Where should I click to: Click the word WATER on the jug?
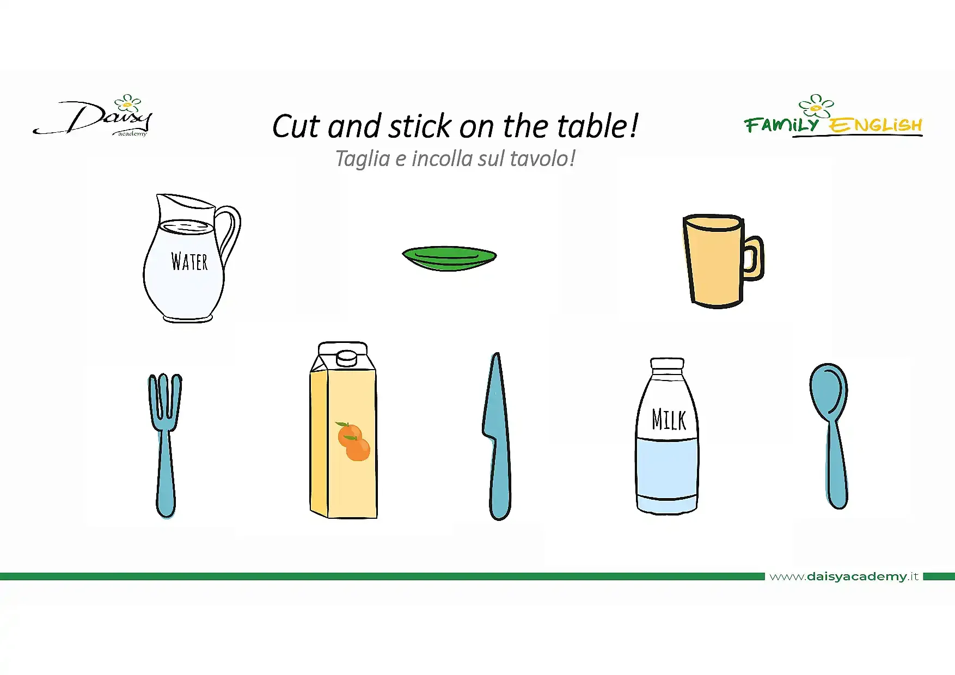[189, 261]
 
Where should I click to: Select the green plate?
[449, 258]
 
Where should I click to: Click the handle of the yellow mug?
[754, 258]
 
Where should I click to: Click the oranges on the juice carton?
[353, 441]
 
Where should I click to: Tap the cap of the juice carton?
[346, 358]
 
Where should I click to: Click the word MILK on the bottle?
[669, 419]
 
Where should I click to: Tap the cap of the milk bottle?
[668, 364]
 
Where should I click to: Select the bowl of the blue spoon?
[829, 391]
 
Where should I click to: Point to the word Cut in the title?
[297, 127]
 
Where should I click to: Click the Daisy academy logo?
[93, 116]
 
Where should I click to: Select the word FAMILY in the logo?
[781, 125]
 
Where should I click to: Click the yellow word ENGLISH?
[875, 125]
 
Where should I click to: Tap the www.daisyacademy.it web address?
[843, 576]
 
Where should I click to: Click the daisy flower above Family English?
[816, 106]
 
